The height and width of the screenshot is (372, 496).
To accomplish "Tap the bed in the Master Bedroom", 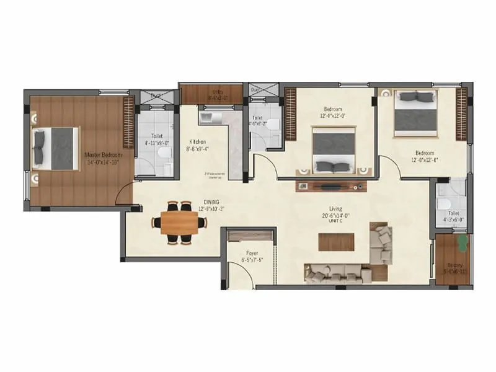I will tap(56, 148).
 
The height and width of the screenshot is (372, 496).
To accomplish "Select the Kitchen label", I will tap(198, 142).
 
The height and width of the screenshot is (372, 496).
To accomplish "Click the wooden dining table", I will tap(179, 223).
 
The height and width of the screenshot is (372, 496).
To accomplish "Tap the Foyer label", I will tap(251, 253).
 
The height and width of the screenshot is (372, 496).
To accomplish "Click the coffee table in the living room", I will tap(336, 241).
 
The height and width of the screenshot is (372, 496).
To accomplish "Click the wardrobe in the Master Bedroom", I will tap(128, 122).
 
